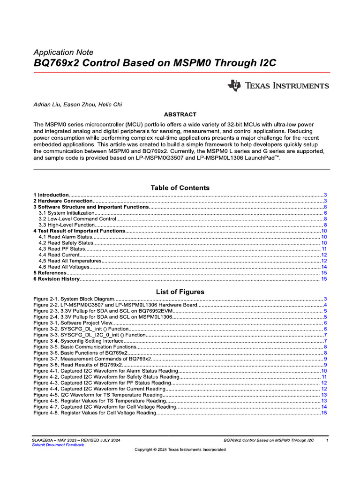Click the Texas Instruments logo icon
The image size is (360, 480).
click(234, 85)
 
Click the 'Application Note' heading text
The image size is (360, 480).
click(63, 52)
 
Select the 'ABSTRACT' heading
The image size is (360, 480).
click(180, 114)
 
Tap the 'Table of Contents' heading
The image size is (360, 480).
click(180, 187)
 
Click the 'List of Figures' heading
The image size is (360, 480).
click(180, 292)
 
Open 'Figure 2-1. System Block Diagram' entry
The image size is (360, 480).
click(74, 299)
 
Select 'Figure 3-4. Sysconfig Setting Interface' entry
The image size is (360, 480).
click(79, 341)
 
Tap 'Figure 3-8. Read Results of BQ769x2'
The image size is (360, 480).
click(78, 365)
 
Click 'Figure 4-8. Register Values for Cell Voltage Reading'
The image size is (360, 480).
click(94, 413)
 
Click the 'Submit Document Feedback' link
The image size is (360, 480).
click(58, 445)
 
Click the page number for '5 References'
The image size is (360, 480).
click(324, 273)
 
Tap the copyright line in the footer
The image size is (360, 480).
click(180, 450)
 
